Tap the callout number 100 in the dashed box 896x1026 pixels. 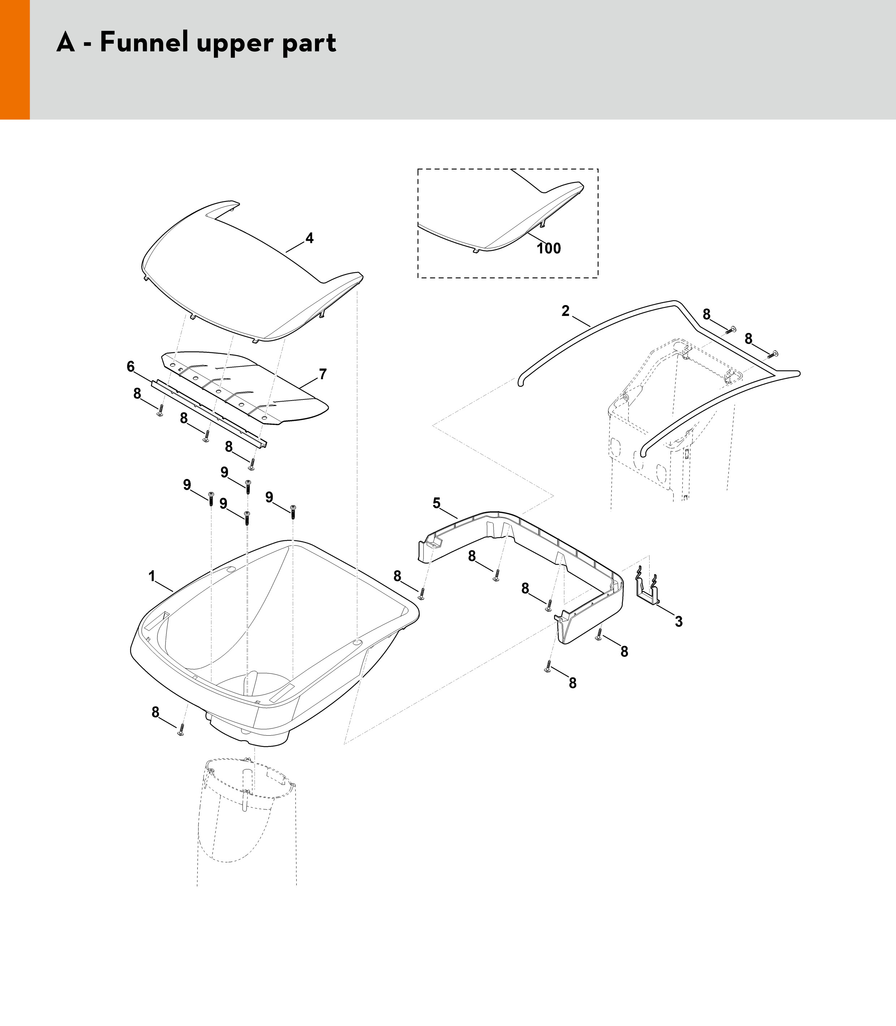pos(548,248)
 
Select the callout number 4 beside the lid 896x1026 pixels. pos(310,238)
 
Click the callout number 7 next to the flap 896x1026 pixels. pos(323,374)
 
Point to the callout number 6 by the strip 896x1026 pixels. pos(130,367)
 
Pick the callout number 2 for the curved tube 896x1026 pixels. pos(565,311)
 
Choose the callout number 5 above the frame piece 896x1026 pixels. pos(436,503)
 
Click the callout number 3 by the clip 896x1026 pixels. pos(679,621)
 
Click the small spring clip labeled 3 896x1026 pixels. pos(648,590)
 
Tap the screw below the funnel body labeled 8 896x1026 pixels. pos(181,730)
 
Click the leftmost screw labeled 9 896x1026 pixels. pos(211,499)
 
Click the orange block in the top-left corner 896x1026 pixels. pos(15,60)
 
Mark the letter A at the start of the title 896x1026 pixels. pos(65,43)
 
